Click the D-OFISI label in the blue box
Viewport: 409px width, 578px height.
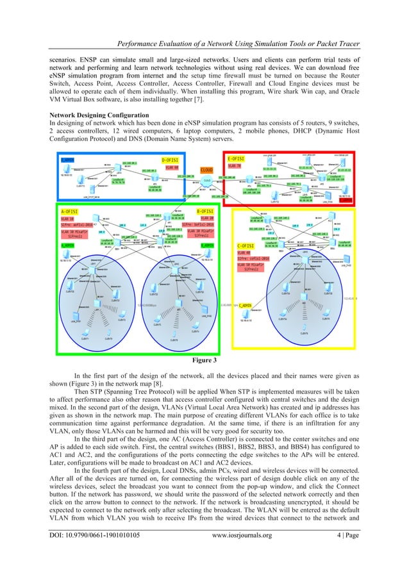pos(170,158)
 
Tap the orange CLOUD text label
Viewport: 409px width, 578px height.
pos(207,170)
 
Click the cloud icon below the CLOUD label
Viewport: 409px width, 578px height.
pos(207,181)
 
